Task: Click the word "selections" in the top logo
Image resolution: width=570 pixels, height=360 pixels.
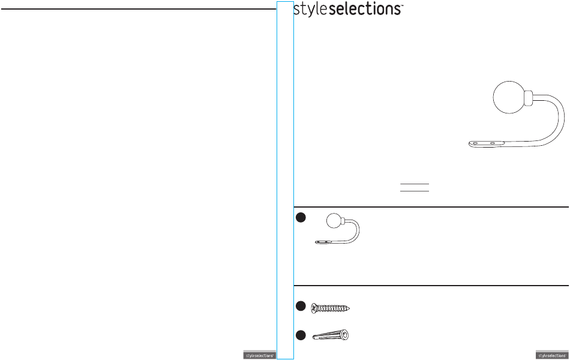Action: tap(367, 10)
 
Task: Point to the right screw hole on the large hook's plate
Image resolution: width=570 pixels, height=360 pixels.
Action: tap(493, 143)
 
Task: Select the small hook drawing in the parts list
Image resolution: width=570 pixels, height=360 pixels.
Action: tap(338, 230)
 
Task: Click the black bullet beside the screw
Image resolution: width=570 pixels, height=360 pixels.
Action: tap(301, 307)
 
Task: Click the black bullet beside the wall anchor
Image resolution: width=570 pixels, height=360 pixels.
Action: tap(301, 335)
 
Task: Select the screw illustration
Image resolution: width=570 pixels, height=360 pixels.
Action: tap(331, 308)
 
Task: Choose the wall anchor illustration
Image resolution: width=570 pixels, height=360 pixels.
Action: tap(331, 335)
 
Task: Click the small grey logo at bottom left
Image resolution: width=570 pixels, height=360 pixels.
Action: tap(259, 355)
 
